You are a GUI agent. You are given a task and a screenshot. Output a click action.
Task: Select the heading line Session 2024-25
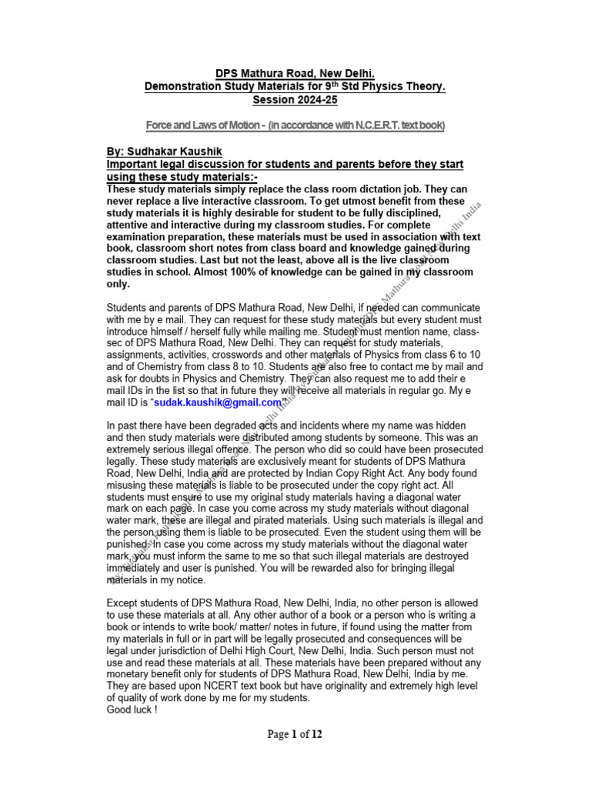pyautogui.click(x=295, y=101)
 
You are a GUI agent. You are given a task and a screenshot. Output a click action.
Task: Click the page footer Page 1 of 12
pyautogui.click(x=295, y=734)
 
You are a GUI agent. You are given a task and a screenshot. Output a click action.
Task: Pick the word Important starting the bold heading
pyautogui.click(x=134, y=165)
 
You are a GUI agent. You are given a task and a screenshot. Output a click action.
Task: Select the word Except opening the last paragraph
pyautogui.click(x=123, y=602)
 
